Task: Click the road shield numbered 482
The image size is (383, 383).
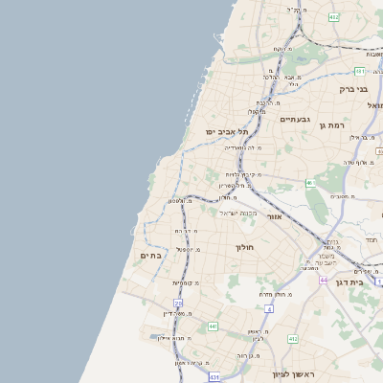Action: tap(333, 17)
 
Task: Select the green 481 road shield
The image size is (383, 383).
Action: tap(359, 71)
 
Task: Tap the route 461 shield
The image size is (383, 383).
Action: tap(309, 182)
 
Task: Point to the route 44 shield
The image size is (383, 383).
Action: tap(324, 280)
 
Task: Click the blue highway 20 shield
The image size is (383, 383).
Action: tap(178, 303)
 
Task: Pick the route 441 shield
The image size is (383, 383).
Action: tap(213, 327)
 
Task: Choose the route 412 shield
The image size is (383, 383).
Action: tap(293, 338)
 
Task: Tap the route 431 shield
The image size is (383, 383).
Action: tap(215, 376)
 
